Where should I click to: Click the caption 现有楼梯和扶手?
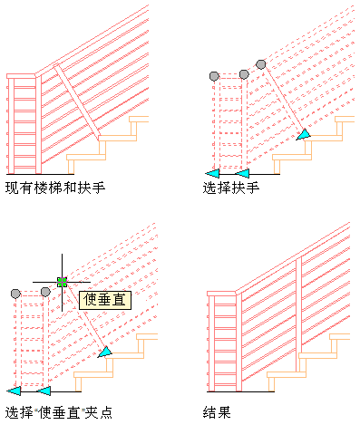click(55, 188)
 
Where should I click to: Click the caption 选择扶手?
click(231, 188)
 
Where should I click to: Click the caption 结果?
click(217, 412)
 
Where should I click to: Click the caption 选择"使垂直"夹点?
click(59, 412)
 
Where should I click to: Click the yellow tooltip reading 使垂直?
click(105, 300)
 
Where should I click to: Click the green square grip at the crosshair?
click(62, 282)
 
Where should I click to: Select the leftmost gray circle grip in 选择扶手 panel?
click(214, 76)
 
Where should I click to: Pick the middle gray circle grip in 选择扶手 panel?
click(244, 74)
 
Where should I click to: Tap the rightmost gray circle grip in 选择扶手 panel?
click(260, 64)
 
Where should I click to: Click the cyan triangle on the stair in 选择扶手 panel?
click(304, 134)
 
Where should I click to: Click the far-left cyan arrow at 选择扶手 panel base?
click(212, 173)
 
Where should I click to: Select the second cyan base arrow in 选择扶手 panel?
click(242, 173)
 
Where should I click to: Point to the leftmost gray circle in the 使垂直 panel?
click(15, 294)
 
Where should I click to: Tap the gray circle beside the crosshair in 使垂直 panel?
click(45, 292)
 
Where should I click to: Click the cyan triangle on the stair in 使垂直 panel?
click(105, 352)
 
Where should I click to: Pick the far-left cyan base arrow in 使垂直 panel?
click(14, 391)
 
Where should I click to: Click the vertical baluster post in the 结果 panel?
click(298, 314)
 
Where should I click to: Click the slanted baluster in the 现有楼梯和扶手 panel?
click(77, 102)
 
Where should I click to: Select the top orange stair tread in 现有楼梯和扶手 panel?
click(139, 119)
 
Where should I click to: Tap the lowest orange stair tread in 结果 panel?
click(287, 375)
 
